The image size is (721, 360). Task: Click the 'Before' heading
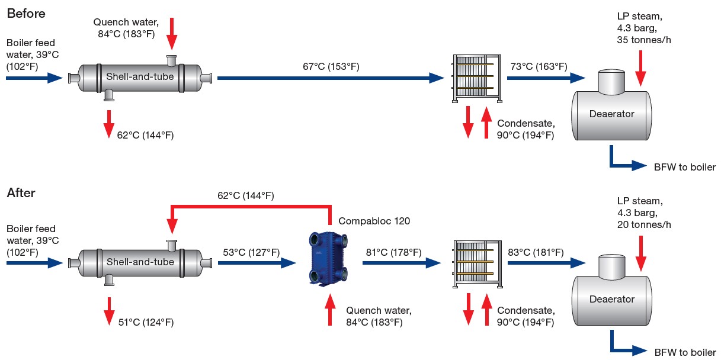pyautogui.click(x=25, y=12)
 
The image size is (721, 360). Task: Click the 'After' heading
pyautogui.click(x=21, y=193)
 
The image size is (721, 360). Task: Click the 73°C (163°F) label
pyautogui.click(x=538, y=66)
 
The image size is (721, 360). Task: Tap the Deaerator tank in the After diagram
pyautogui.click(x=611, y=298)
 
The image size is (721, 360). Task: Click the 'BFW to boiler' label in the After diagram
pyautogui.click(x=685, y=351)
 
